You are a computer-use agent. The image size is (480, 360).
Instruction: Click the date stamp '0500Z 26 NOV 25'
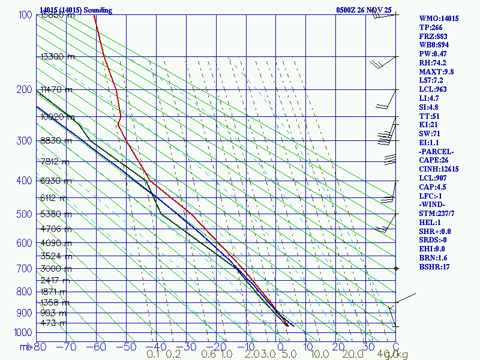(364, 10)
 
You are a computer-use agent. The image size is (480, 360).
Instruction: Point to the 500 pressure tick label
(23, 214)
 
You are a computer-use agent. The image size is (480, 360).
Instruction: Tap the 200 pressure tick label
(23, 90)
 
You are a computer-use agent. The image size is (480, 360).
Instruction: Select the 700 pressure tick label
(23, 269)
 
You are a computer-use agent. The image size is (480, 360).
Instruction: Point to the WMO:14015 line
(439, 19)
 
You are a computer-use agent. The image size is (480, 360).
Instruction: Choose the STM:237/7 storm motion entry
(439, 214)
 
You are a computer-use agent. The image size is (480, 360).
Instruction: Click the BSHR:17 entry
(434, 266)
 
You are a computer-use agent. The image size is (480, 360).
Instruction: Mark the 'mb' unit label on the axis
(25, 347)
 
